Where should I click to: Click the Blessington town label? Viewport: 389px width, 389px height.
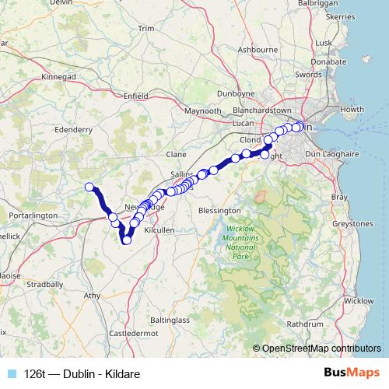click(219, 210)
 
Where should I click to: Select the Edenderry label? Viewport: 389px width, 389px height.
click(74, 130)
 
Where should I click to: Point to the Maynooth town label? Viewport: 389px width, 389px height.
click(202, 111)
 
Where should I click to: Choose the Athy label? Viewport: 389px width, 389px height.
click(93, 296)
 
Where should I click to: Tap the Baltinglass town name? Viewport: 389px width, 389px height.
click(170, 320)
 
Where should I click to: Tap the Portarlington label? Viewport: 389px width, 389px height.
click(29, 215)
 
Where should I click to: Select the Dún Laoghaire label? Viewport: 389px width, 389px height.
click(336, 154)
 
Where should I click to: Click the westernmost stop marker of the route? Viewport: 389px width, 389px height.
click(89, 186)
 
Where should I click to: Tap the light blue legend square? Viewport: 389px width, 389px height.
click(11, 373)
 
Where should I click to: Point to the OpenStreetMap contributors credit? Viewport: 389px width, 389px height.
click(320, 348)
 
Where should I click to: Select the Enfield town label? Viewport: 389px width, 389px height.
click(135, 96)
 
